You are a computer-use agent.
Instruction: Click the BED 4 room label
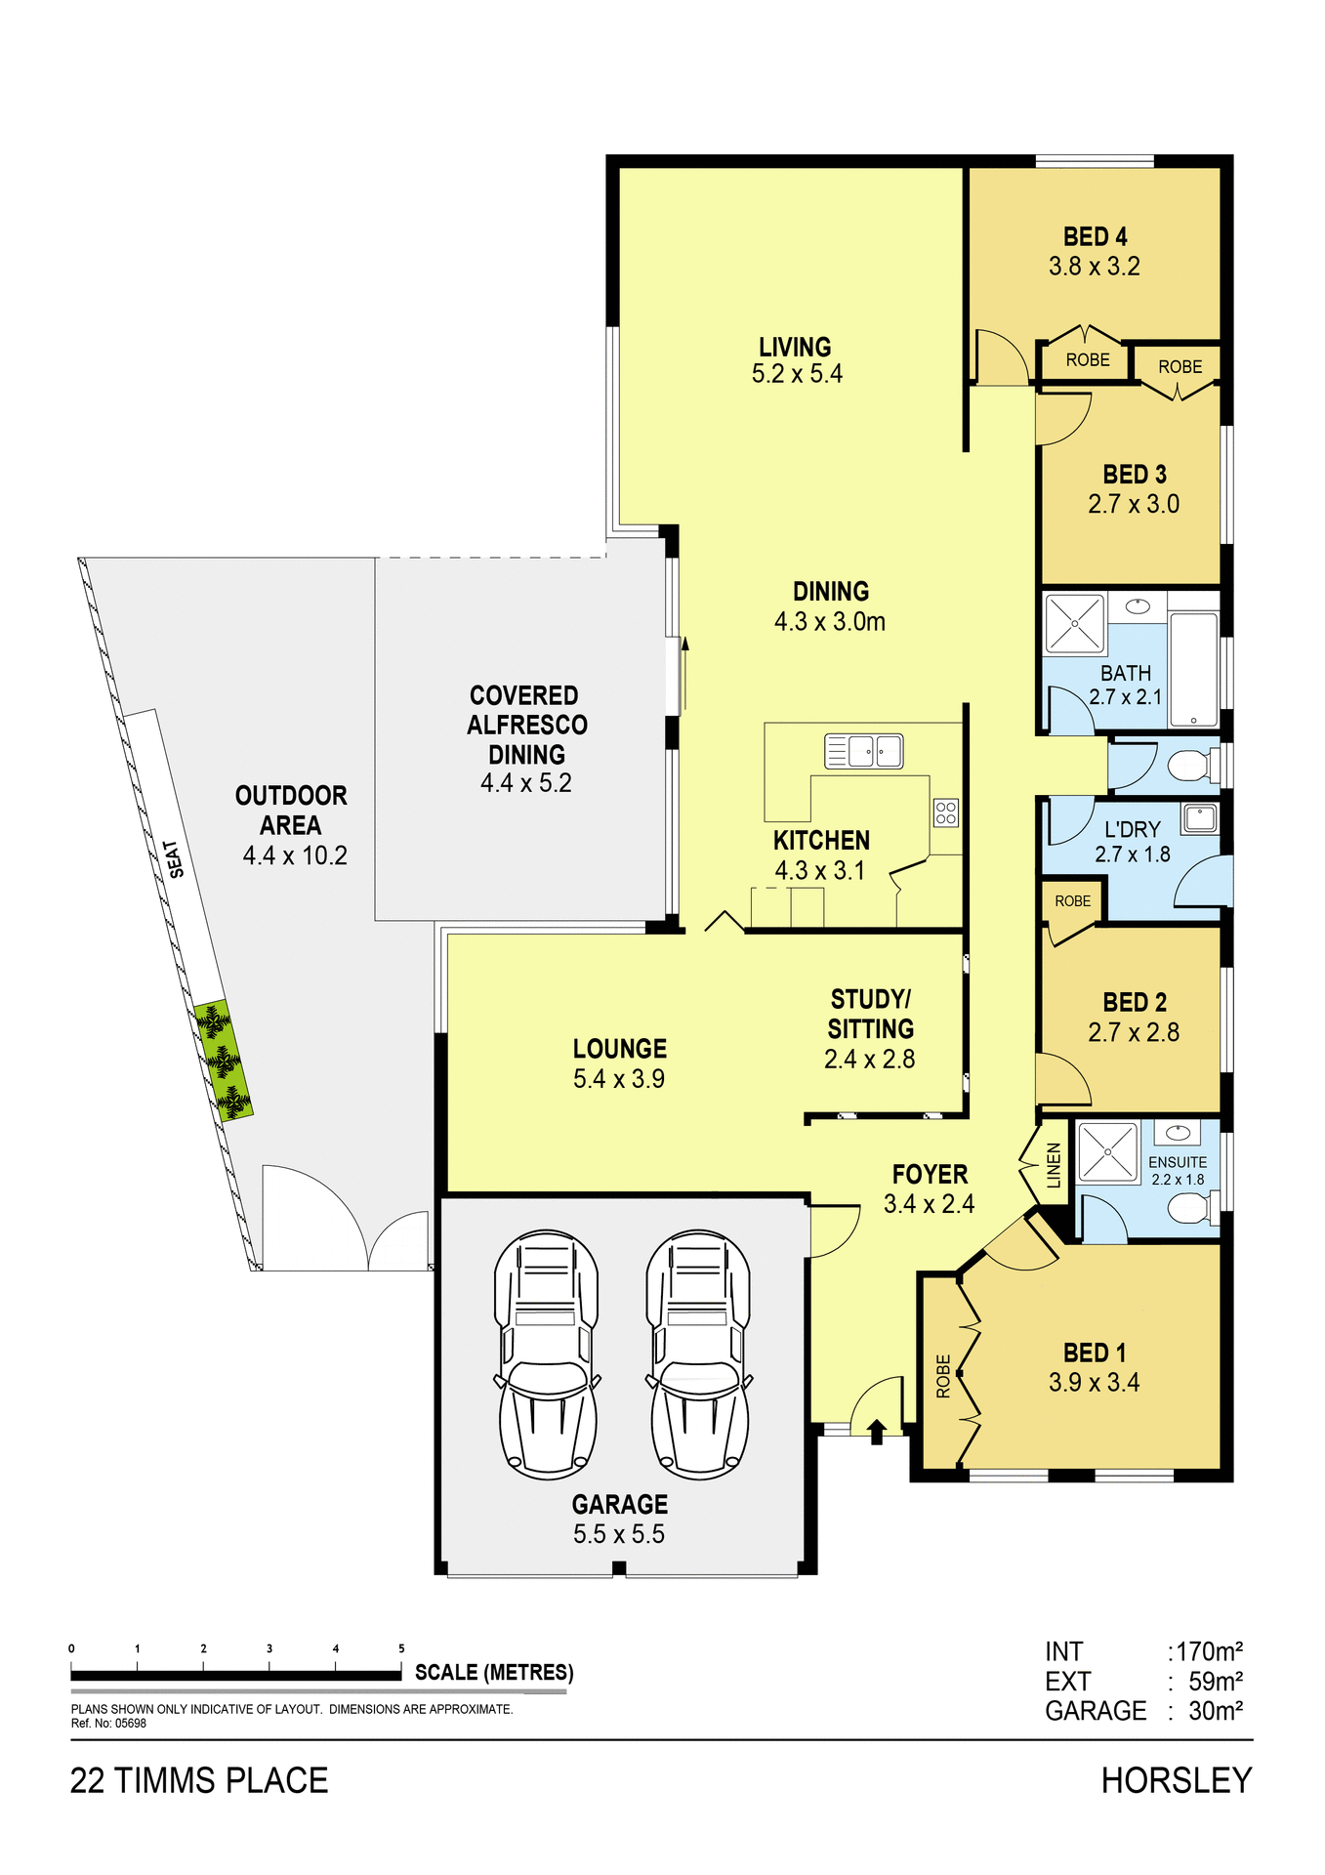[1095, 237]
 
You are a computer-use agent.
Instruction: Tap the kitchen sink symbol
[864, 751]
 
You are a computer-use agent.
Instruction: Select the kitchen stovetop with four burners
[945, 812]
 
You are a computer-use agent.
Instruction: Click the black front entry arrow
[876, 1432]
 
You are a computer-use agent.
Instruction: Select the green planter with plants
[224, 1061]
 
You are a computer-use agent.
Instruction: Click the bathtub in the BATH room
[1193, 670]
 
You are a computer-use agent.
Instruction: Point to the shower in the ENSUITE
[1107, 1152]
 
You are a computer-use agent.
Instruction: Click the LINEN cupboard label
[1054, 1165]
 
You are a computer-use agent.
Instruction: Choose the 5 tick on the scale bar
[401, 1648]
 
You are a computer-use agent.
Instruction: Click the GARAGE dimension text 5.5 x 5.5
[619, 1534]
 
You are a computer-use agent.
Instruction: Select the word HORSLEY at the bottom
[1176, 1781]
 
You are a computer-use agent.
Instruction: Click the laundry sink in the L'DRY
[1200, 817]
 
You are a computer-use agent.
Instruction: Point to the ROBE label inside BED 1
[943, 1376]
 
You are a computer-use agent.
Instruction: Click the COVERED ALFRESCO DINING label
[526, 725]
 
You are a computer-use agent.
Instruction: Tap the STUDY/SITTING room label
[870, 1014]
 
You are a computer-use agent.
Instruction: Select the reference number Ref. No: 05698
[108, 1724]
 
